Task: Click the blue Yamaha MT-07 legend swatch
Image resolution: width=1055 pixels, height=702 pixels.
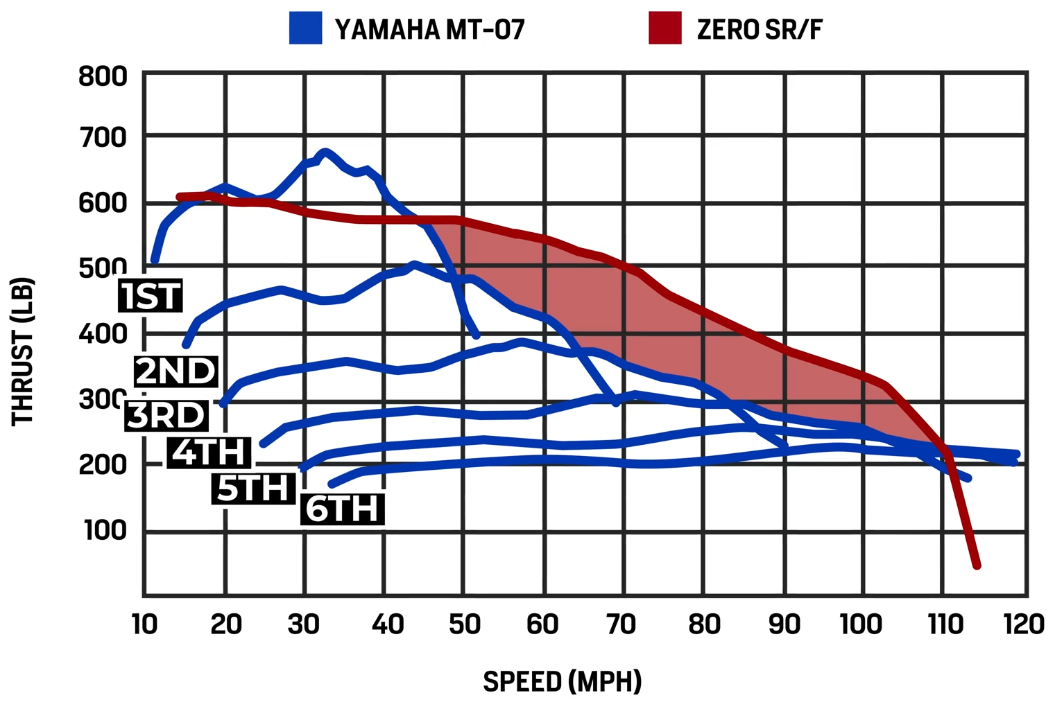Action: point(305,28)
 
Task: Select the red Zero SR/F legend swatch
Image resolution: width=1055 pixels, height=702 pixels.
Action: point(664,28)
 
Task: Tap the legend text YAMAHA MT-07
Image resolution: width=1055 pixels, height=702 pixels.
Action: point(429,29)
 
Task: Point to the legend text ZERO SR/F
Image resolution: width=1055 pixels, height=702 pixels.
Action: point(760,29)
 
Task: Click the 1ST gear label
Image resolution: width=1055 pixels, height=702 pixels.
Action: point(151,296)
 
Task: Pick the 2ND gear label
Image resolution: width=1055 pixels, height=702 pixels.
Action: point(176,371)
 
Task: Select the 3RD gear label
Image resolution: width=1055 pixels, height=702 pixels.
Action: point(166,415)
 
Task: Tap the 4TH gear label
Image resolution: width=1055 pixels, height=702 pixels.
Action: point(209,453)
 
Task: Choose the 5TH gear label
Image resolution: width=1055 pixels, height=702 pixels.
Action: point(253,488)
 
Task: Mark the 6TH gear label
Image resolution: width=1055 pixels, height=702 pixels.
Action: point(343,509)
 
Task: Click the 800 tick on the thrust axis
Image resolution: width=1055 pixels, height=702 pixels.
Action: point(103,76)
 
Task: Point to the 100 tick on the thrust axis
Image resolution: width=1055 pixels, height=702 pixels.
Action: point(105,530)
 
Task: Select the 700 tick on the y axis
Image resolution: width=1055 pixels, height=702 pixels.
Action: point(103,138)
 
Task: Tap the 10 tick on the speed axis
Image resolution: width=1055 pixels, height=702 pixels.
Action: point(144,624)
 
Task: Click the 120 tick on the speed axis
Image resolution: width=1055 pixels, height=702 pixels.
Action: point(1024,624)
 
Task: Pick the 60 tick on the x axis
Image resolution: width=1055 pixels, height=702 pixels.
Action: point(542,624)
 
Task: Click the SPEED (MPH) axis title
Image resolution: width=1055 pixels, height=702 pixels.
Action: point(562,682)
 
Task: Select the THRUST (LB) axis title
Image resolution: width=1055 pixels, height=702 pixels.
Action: point(23,351)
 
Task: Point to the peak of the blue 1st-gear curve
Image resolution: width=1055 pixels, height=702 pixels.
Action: point(325,152)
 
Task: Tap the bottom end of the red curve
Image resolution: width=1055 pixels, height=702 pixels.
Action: point(977,565)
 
